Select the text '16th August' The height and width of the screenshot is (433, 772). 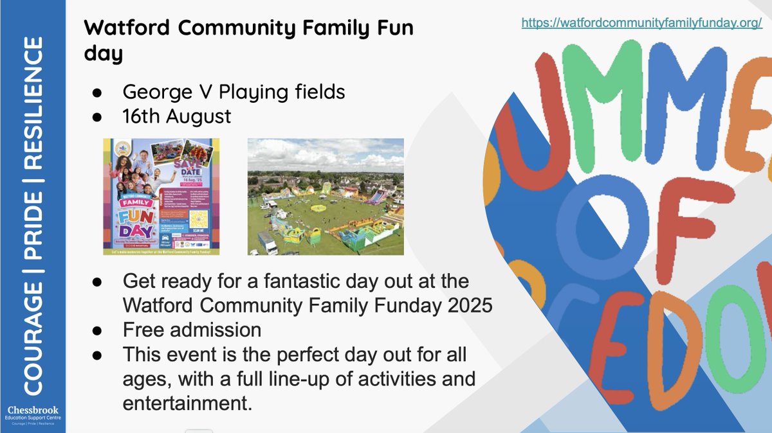[177, 118]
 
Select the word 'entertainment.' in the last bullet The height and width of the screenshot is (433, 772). [186, 403]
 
